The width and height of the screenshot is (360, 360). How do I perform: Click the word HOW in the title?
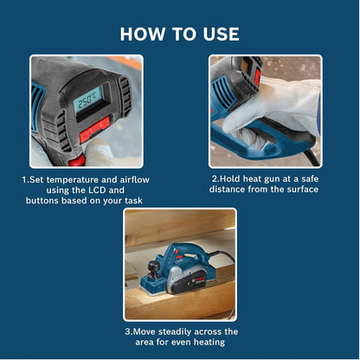(x=141, y=34)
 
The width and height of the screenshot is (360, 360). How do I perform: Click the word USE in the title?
(x=220, y=34)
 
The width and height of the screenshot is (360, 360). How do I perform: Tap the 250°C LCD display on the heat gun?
(x=87, y=100)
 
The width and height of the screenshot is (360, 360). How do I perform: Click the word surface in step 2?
(x=300, y=189)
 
